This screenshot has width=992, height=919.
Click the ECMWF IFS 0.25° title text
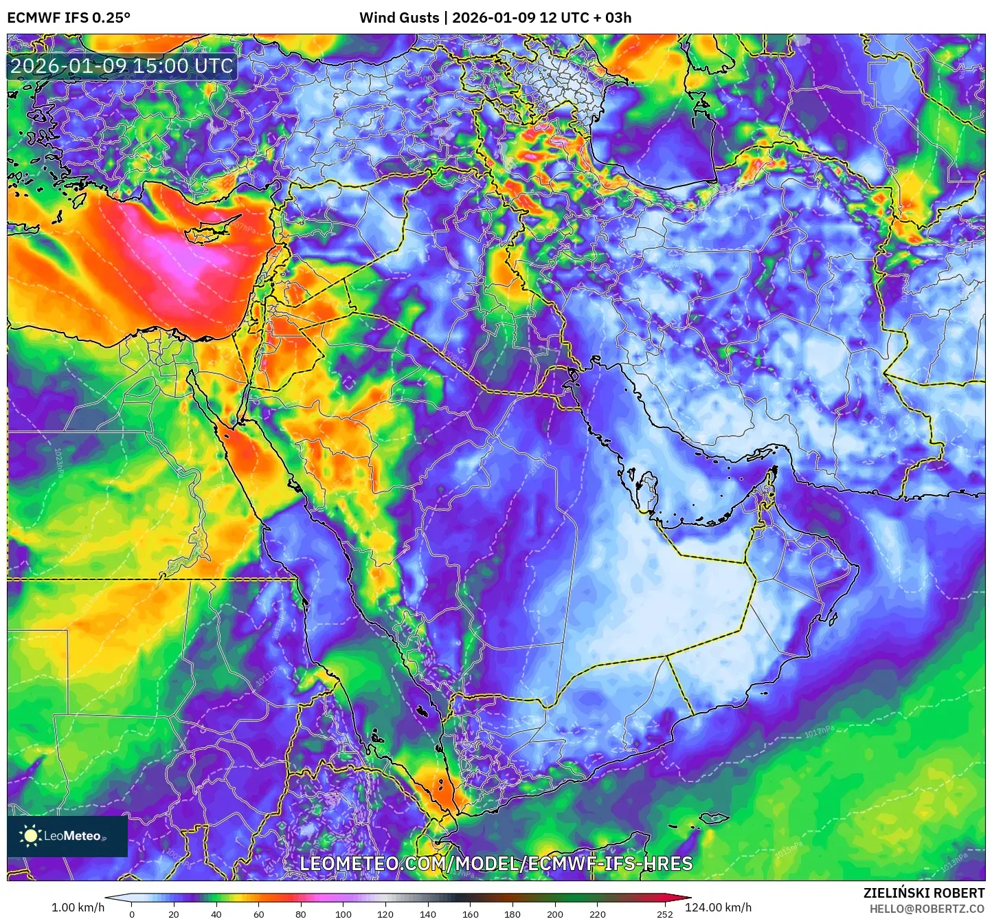tap(69, 17)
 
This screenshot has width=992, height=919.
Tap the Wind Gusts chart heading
tap(495, 17)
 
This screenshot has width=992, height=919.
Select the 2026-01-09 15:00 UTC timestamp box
tap(122, 66)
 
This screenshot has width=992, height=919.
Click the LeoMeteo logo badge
tap(67, 836)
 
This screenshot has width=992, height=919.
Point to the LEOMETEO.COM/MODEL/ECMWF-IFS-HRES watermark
tap(496, 863)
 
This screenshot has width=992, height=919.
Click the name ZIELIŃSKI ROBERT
tap(923, 893)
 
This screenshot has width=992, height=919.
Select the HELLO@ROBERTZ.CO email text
tap(927, 909)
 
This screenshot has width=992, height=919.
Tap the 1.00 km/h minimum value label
tap(78, 907)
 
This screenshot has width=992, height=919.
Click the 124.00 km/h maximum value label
tap(718, 907)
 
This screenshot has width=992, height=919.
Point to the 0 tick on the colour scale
tap(132, 914)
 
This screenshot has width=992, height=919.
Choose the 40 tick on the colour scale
tap(216, 914)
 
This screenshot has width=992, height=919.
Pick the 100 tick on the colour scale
tap(343, 914)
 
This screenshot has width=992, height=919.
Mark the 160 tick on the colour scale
tap(470, 914)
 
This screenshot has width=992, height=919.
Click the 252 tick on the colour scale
tap(664, 914)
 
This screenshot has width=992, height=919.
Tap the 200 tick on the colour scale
tap(554, 914)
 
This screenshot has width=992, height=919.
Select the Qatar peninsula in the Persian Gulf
tap(646, 489)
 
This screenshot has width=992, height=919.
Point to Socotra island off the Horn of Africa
tap(714, 819)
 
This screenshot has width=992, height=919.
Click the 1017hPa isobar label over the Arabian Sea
tap(820, 732)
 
